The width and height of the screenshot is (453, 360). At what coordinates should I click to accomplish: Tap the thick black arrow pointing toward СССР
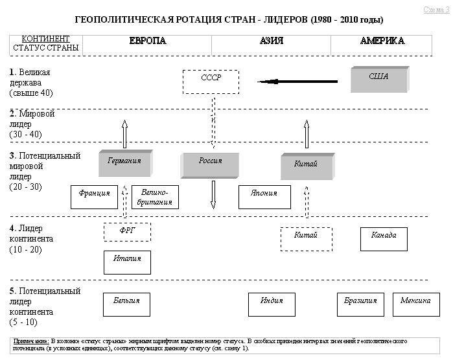tap(298, 82)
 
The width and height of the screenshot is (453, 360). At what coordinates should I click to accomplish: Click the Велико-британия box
tap(154, 197)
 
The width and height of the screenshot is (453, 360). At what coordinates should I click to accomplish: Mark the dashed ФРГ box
tap(127, 232)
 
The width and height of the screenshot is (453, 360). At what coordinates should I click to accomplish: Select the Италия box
tap(127, 262)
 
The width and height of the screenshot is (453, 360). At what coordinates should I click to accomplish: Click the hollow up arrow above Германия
tap(124, 133)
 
